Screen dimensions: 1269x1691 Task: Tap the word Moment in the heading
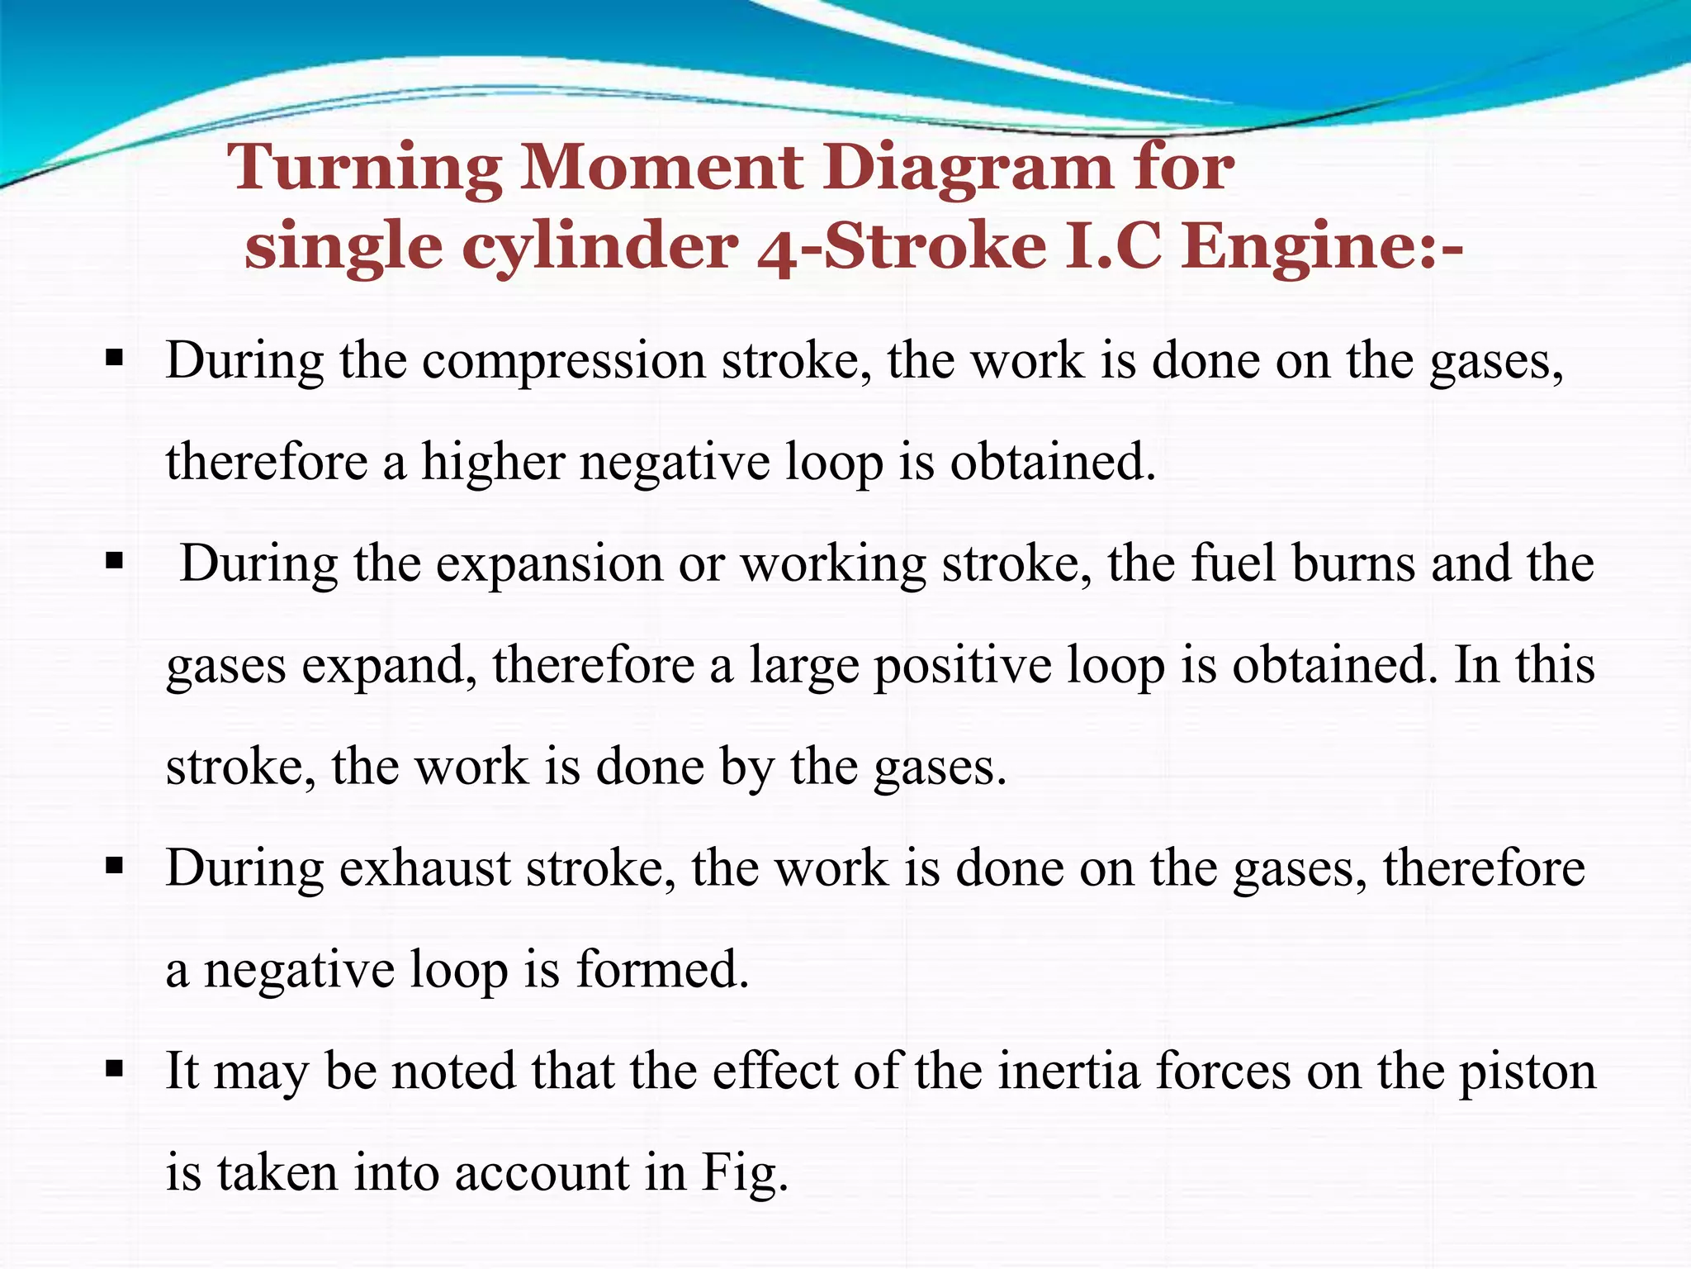point(661,168)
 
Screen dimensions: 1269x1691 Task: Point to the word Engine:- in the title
point(1322,247)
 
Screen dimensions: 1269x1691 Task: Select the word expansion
point(549,564)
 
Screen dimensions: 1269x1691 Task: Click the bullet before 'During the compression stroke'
point(115,359)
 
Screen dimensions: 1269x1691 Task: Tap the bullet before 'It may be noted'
point(115,1070)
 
